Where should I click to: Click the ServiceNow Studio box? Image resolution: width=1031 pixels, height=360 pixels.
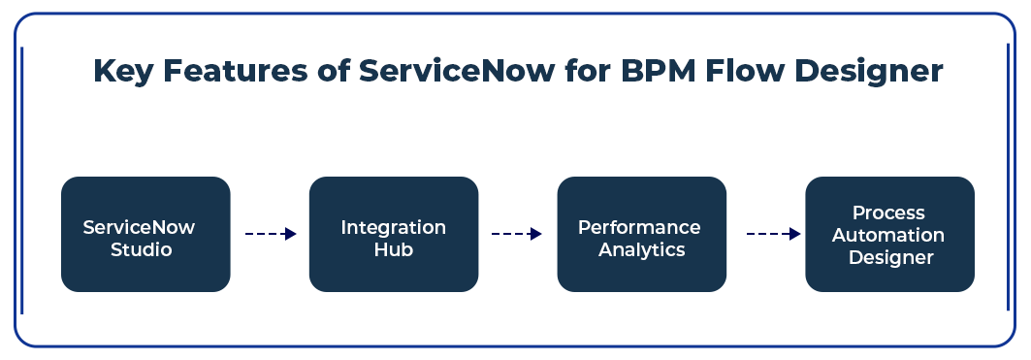[x=145, y=234]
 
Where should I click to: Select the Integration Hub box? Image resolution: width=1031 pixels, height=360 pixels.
[x=394, y=234]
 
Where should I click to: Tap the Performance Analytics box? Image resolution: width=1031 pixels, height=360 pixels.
[x=642, y=234]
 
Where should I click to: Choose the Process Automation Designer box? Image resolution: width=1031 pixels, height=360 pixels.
[x=889, y=234]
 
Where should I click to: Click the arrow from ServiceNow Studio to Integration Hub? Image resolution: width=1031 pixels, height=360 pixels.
[x=271, y=234]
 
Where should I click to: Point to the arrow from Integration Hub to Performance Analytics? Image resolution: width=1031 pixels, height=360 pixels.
[x=517, y=234]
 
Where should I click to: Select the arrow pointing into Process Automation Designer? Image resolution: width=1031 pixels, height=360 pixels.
[x=773, y=234]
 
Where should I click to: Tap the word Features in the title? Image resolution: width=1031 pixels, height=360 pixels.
[x=235, y=71]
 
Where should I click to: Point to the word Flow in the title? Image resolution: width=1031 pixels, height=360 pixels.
[x=745, y=71]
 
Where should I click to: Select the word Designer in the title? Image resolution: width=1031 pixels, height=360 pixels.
[x=869, y=71]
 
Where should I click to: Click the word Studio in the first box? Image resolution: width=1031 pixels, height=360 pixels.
[x=142, y=250]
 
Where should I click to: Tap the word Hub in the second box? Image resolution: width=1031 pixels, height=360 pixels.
[x=394, y=250]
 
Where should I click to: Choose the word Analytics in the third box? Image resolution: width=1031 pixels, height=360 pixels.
[x=642, y=250]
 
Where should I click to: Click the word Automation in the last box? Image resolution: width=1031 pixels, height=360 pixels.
[x=888, y=235]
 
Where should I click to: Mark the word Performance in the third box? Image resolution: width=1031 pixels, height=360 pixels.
[x=639, y=228]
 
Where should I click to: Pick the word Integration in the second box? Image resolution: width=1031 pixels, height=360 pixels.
[x=393, y=228]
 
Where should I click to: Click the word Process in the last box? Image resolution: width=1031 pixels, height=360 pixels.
[x=888, y=213]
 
